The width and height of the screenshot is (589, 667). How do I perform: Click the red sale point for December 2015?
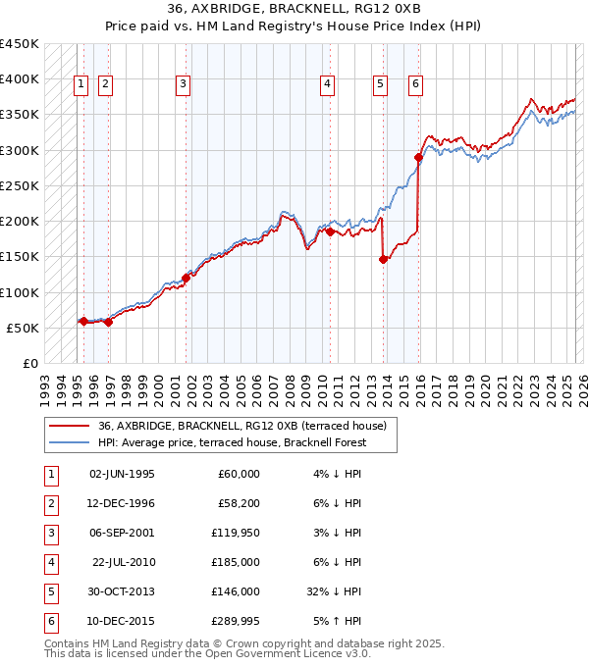pos(418,157)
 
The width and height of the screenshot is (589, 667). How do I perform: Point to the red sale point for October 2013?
pos(384,259)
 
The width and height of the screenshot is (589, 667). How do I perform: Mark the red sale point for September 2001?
pos(186,278)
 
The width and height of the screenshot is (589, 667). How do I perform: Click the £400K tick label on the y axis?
pos(20,79)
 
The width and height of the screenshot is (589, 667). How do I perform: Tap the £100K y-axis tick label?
pos(20,292)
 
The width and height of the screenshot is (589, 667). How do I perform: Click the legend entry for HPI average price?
pos(232,442)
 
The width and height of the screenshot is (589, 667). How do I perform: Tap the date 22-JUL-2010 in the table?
pos(124,562)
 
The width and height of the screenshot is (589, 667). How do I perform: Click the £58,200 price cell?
pos(238,503)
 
